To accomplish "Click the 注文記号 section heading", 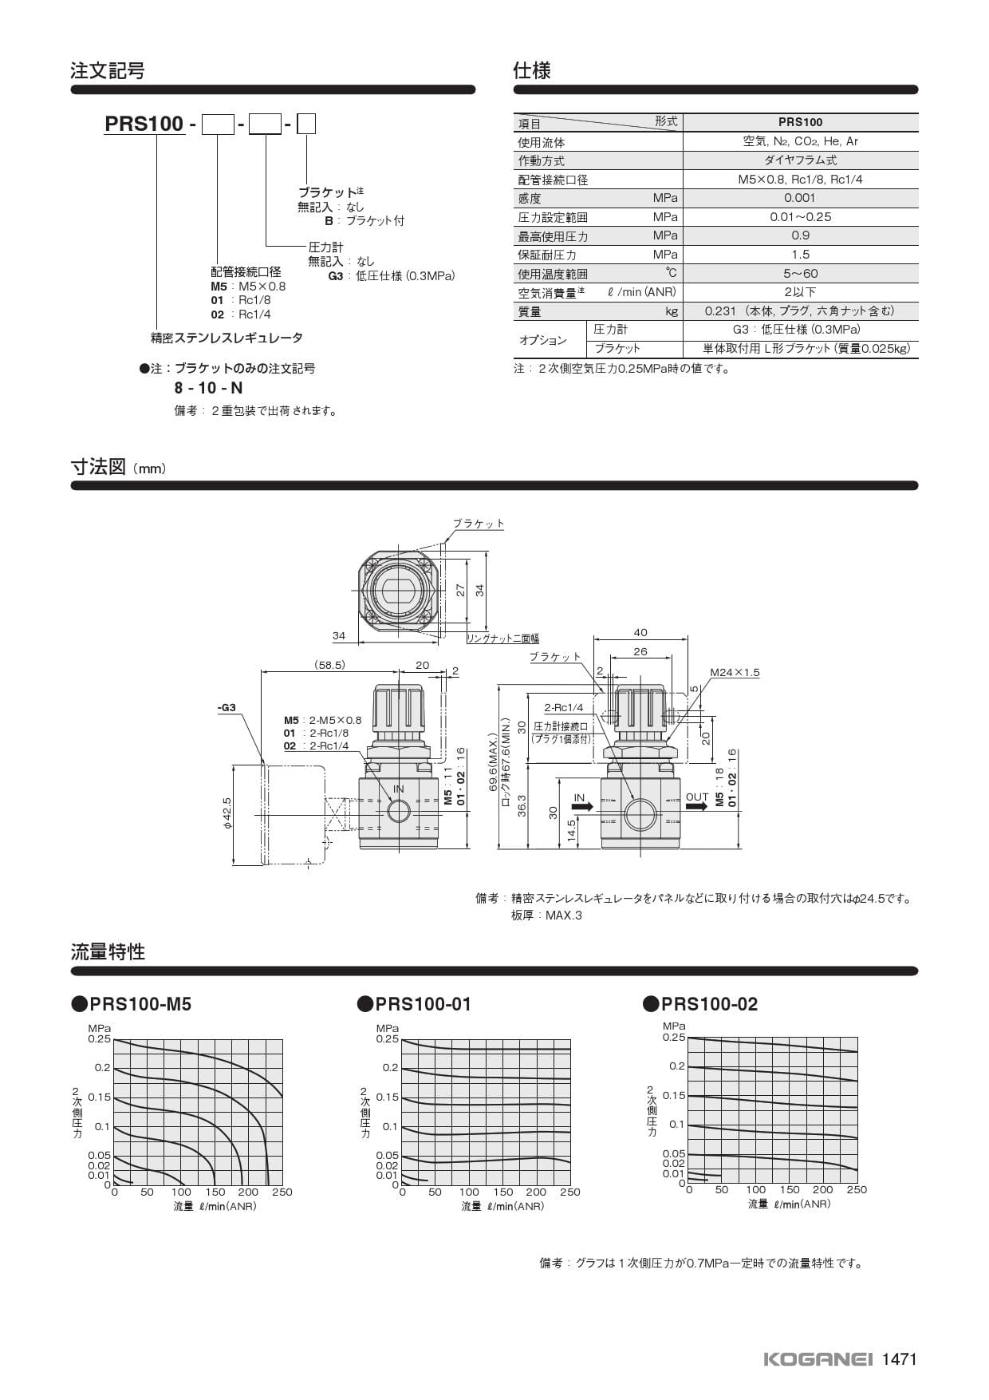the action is [x=108, y=70].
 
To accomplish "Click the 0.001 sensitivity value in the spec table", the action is [x=800, y=198].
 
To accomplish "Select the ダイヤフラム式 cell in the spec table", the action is [x=800, y=160].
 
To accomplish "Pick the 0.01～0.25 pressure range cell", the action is [x=800, y=217].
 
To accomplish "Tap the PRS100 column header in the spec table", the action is [x=800, y=122].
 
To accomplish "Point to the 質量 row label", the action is [x=530, y=311].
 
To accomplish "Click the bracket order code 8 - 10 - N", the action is [x=209, y=388].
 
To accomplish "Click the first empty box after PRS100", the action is [x=218, y=124].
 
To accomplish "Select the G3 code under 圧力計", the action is [x=335, y=276].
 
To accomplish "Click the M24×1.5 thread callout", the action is [x=735, y=672].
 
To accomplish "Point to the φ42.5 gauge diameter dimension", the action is [x=227, y=814].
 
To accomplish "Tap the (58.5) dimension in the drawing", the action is [x=329, y=665].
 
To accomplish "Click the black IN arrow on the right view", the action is [x=582, y=807].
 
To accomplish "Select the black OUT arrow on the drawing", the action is [x=696, y=807].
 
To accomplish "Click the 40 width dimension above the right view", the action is [x=640, y=632].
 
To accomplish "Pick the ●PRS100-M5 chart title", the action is [x=132, y=1004].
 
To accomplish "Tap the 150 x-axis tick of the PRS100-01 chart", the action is [x=502, y=1192].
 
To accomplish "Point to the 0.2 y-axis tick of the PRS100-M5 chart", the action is [x=102, y=1067].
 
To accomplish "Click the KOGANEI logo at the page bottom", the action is [x=818, y=1359].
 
